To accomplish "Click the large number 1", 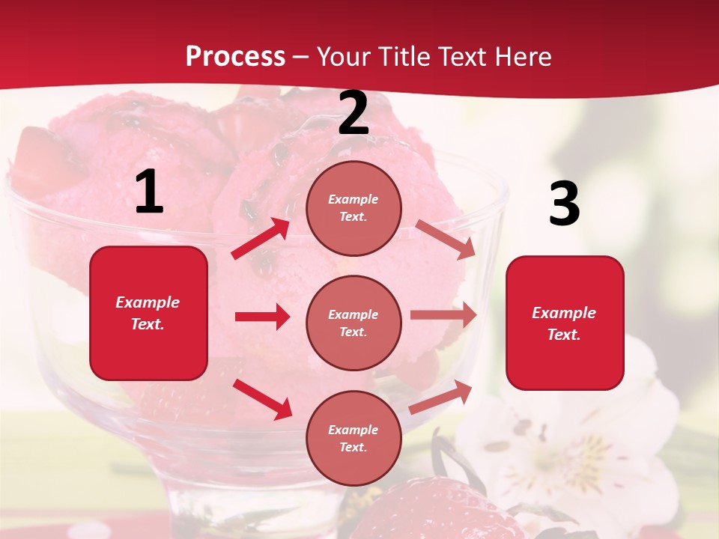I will coord(149,192).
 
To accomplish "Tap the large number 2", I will coord(354,114).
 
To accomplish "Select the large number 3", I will coord(564,204).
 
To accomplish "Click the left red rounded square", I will coord(148,313).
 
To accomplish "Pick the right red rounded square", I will coord(565,323).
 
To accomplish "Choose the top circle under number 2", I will coord(354,208).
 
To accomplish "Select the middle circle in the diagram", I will coord(354,323).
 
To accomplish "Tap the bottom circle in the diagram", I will coord(354,438).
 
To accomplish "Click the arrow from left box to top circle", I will coord(261,238).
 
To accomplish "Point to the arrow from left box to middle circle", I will coord(262,317).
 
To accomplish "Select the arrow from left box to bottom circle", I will coord(262,399).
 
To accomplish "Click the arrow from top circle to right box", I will coord(446,240).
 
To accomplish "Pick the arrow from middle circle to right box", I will coord(443,315).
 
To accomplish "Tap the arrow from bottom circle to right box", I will coord(440,397).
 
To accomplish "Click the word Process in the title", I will coord(235,56).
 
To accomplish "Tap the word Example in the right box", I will coord(564,313).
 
